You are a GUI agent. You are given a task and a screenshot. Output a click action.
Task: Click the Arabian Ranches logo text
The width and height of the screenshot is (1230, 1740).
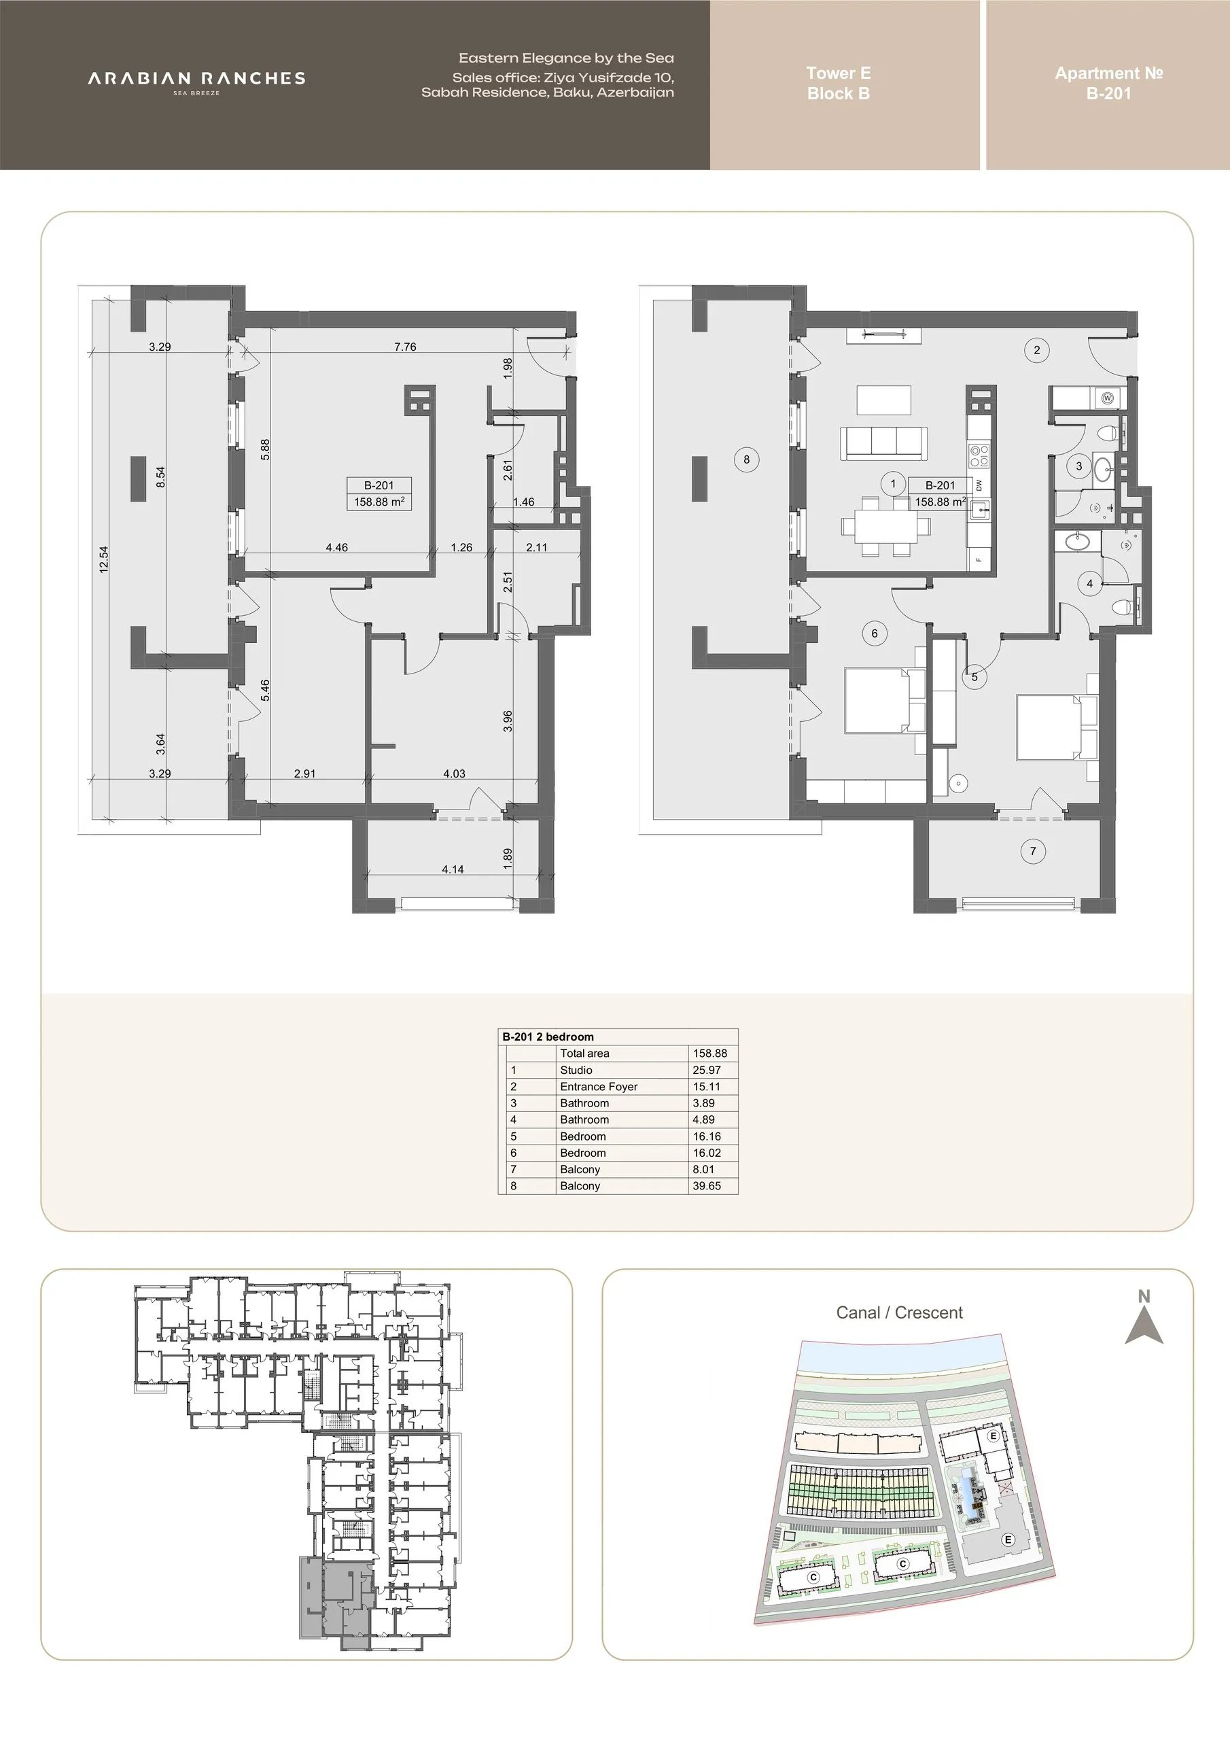click(x=196, y=79)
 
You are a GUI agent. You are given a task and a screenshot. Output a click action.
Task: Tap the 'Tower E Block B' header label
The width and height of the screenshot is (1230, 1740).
click(x=838, y=84)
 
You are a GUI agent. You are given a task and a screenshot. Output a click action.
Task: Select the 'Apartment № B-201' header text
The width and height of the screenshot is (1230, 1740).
click(x=1109, y=84)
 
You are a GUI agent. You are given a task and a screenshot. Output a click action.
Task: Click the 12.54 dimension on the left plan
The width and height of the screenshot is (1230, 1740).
click(x=104, y=560)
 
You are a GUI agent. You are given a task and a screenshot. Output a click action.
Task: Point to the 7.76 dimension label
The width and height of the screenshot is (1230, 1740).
click(x=405, y=347)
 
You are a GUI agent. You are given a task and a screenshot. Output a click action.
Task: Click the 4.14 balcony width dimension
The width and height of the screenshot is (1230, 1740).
click(x=453, y=869)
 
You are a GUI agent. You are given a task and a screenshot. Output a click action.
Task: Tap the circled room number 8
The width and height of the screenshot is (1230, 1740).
click(x=746, y=459)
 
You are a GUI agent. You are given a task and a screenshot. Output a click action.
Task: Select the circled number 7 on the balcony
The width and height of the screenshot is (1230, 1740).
click(x=1033, y=851)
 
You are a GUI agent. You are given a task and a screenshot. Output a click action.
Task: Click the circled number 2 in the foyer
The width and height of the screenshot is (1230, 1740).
click(x=1037, y=349)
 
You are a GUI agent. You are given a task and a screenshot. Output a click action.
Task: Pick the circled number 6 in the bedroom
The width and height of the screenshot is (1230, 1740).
click(x=875, y=633)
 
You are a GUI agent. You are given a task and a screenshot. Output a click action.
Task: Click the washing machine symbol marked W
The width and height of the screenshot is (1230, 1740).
click(x=1108, y=398)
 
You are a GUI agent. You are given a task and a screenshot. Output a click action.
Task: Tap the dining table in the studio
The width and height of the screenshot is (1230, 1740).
click(x=886, y=525)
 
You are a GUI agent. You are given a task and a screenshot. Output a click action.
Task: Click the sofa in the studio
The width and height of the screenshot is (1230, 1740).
click(x=883, y=443)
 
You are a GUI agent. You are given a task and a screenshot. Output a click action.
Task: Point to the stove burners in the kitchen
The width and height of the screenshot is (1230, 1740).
click(x=979, y=454)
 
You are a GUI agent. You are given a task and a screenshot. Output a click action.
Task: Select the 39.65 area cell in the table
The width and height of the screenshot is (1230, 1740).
click(x=707, y=1186)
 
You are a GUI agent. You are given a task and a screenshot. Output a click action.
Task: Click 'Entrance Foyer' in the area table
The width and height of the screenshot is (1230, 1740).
click(x=599, y=1087)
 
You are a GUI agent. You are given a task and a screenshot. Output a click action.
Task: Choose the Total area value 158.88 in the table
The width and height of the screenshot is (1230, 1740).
click(x=710, y=1054)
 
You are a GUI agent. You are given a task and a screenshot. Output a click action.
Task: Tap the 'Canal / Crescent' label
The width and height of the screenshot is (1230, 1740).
click(x=900, y=1312)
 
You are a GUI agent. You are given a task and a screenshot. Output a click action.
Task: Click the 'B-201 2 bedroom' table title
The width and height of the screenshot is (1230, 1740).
click(x=548, y=1037)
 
